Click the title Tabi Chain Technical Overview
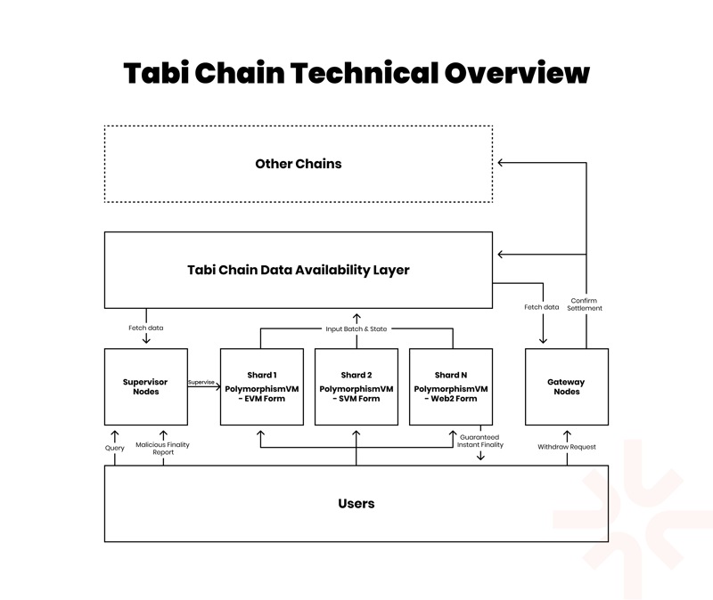[x=356, y=72]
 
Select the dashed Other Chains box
[x=299, y=164]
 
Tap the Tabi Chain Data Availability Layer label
[x=299, y=270]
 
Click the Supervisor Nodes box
[x=146, y=386]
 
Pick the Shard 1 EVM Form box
[x=262, y=386]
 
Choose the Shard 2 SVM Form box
[x=356, y=386]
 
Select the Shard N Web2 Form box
[x=450, y=386]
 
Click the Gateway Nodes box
[x=567, y=386]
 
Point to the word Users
[x=356, y=504]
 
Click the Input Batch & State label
[x=356, y=328]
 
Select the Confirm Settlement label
[x=586, y=304]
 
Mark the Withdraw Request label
[x=567, y=446]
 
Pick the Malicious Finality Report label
[x=162, y=448]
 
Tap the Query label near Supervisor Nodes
[x=115, y=448]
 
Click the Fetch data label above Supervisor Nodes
[x=146, y=328]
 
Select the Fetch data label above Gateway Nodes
[x=541, y=307]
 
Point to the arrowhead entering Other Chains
[x=501, y=163]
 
